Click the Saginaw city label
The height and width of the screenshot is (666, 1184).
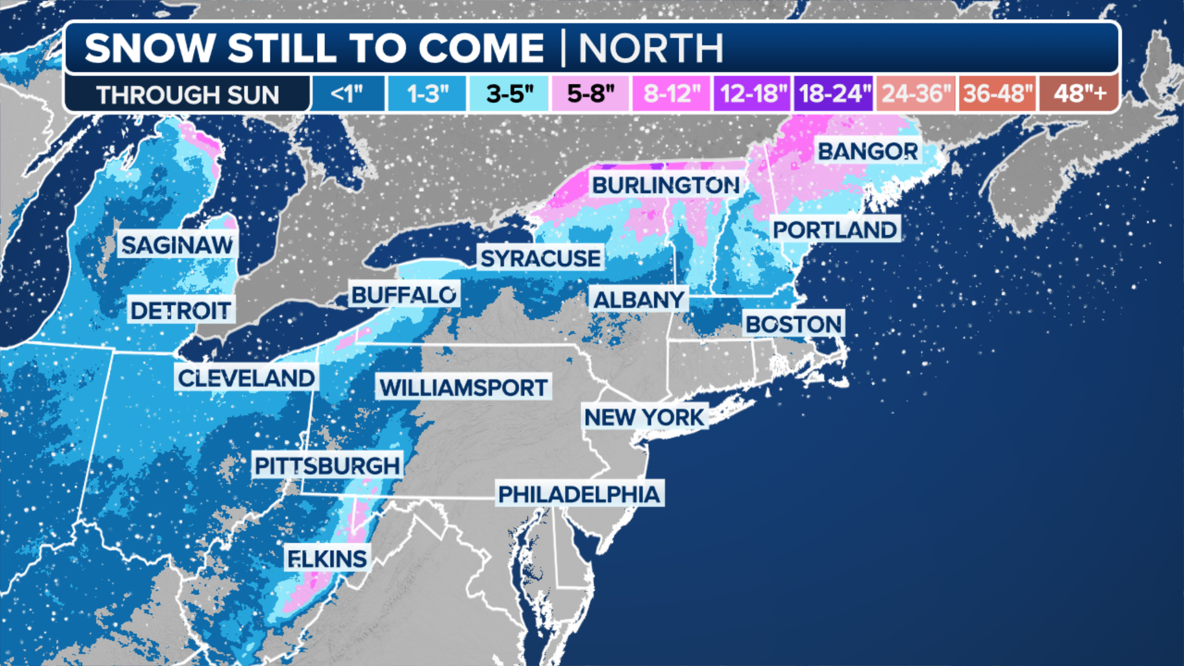178,245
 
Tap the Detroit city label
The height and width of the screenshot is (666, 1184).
181,310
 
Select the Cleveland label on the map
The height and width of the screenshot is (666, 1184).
247,377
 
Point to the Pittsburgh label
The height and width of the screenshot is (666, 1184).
327,466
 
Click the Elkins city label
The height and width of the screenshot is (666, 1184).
327,559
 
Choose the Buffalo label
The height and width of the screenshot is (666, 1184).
404,295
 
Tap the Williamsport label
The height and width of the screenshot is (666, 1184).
463,387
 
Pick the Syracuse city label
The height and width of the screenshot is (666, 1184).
540,258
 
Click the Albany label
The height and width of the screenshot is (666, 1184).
639,300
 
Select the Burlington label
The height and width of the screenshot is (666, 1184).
666,184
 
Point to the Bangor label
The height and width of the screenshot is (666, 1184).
868,151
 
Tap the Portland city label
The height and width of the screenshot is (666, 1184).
835,229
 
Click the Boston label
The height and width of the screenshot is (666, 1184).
794,324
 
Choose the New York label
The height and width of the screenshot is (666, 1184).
644,417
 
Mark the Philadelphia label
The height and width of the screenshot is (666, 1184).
579,494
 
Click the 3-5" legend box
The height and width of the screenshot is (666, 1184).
509,94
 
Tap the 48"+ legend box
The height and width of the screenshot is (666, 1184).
1079,94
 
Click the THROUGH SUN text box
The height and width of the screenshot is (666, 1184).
187,94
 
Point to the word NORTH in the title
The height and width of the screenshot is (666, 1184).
651,48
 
